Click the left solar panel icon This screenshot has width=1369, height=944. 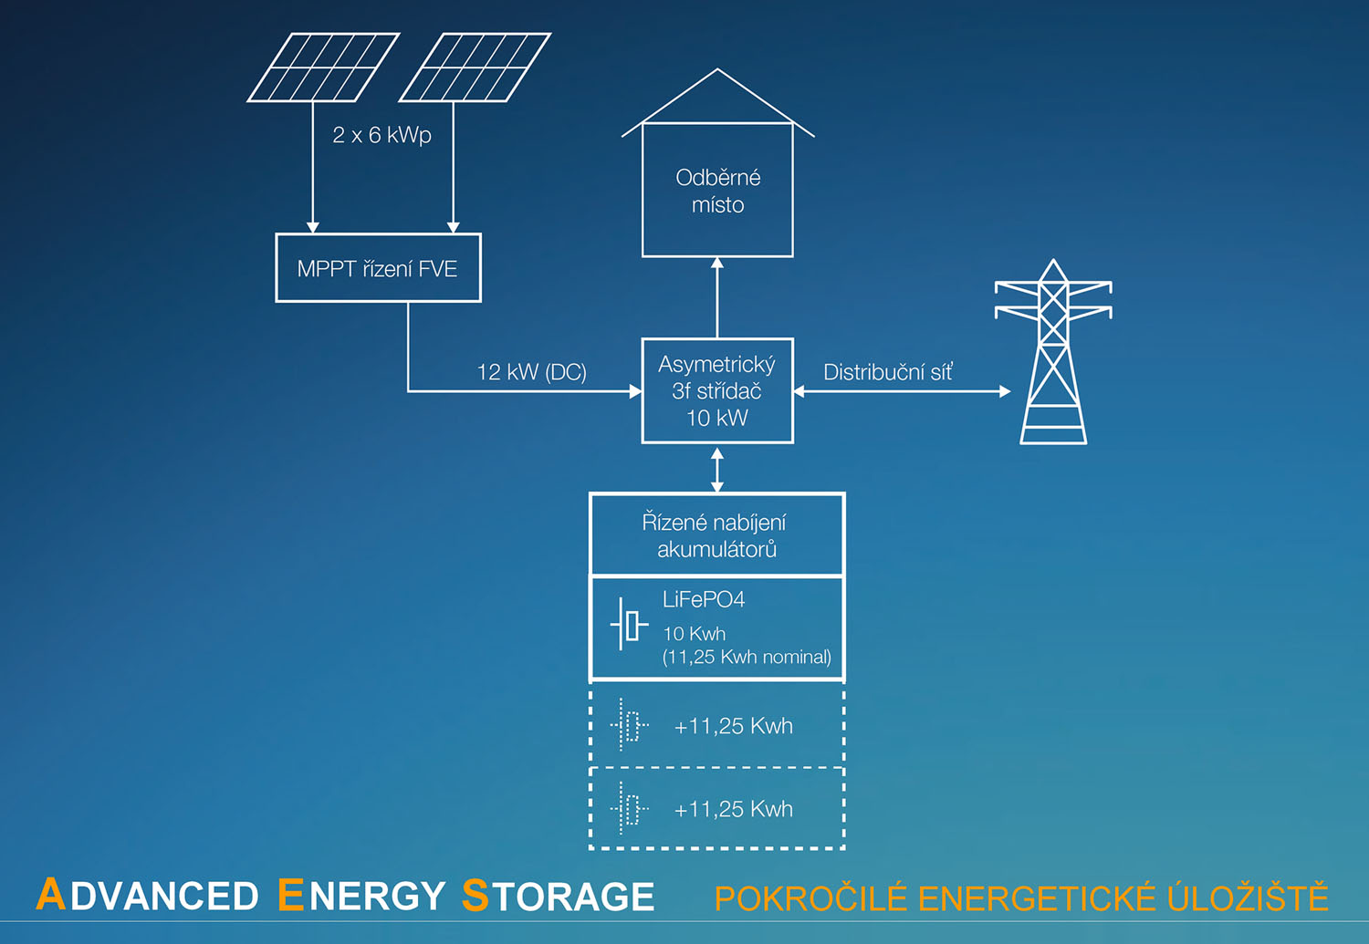coord(323,67)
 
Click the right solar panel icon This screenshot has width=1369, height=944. coord(475,67)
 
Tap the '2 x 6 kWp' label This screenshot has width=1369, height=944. coord(381,135)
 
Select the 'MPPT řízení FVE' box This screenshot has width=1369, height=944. coord(378,268)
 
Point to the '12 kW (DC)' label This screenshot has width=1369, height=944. coord(531,372)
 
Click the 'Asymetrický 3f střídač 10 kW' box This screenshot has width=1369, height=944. coord(717,391)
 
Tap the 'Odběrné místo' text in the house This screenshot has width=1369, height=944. coord(717,191)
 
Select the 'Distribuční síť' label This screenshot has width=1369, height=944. coord(887,372)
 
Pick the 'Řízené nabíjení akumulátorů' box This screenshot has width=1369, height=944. coord(716,535)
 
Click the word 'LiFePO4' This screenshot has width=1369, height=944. coord(704,599)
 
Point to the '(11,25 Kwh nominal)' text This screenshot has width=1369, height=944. coord(747,657)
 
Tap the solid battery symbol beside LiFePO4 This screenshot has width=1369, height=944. coord(628,625)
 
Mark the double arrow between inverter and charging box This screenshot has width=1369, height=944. coord(717,470)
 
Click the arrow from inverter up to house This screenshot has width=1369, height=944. coord(717,297)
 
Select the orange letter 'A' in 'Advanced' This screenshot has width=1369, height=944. coord(51,895)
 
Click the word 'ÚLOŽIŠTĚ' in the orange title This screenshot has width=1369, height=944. coord(1248,898)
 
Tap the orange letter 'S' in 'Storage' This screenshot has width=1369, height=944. coord(475,895)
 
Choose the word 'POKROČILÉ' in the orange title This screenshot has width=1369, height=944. coord(810,898)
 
